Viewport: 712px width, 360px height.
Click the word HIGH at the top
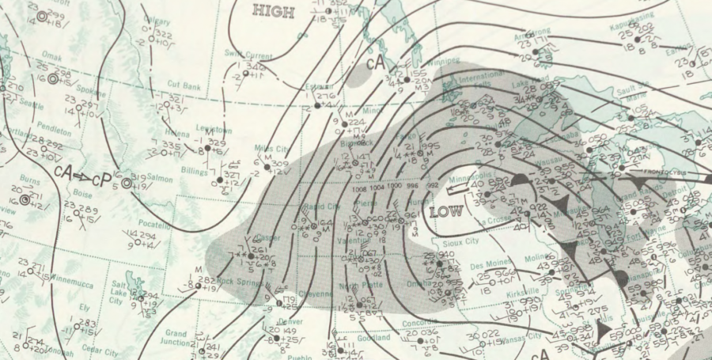pos(273,11)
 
